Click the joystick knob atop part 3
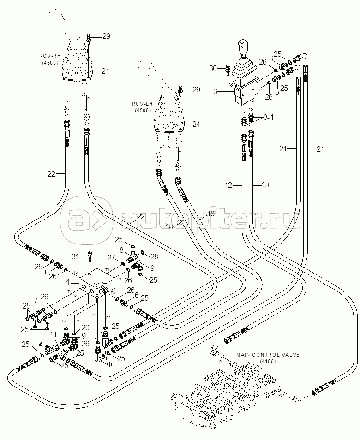[x=243, y=48]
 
